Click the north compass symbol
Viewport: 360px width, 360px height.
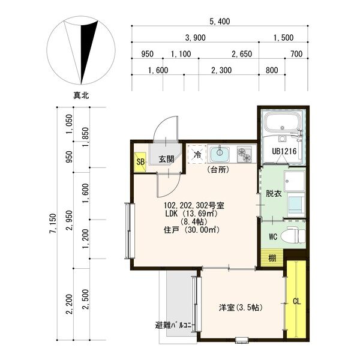point(80,52)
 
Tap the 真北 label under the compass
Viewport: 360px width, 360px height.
point(80,95)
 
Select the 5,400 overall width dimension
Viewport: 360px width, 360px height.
point(220,22)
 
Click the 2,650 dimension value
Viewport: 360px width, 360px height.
point(241,54)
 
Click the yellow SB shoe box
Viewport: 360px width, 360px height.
point(140,162)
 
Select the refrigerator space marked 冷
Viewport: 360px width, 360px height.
point(196,154)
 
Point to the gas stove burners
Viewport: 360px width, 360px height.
point(245,154)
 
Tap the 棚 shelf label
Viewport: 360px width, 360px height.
point(272,258)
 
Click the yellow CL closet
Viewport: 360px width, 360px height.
point(296,301)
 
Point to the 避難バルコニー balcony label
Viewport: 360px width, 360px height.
point(175,326)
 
